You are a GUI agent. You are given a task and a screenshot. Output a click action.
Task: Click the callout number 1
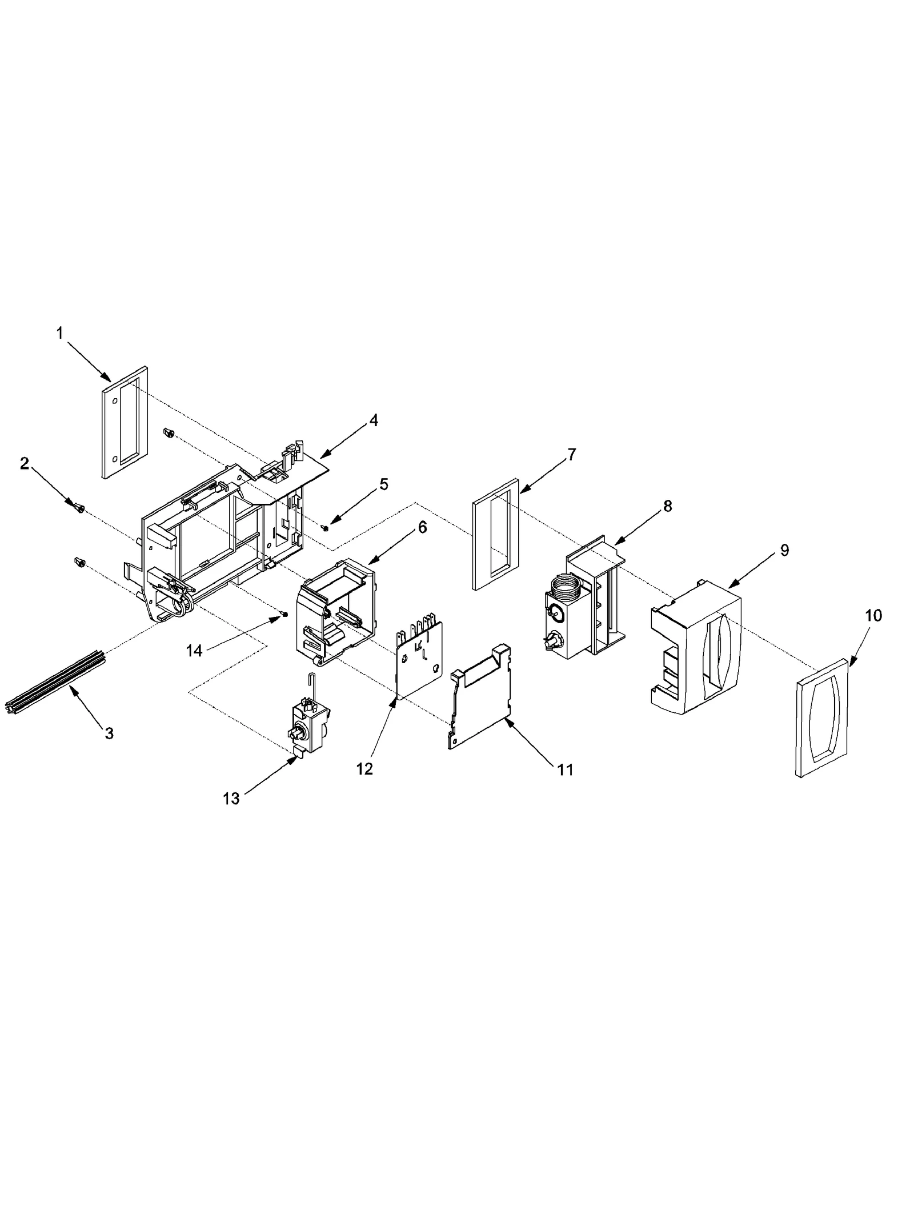(60, 334)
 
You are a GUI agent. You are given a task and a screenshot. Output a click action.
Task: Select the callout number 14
(194, 650)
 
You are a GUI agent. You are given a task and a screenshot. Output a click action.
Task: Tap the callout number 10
(873, 616)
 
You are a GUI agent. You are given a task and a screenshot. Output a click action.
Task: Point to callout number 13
(231, 799)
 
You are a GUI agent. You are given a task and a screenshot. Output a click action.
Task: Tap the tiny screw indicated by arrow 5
(325, 527)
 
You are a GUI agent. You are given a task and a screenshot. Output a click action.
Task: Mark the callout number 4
(373, 420)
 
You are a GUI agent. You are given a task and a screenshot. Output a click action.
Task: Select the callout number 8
(668, 506)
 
